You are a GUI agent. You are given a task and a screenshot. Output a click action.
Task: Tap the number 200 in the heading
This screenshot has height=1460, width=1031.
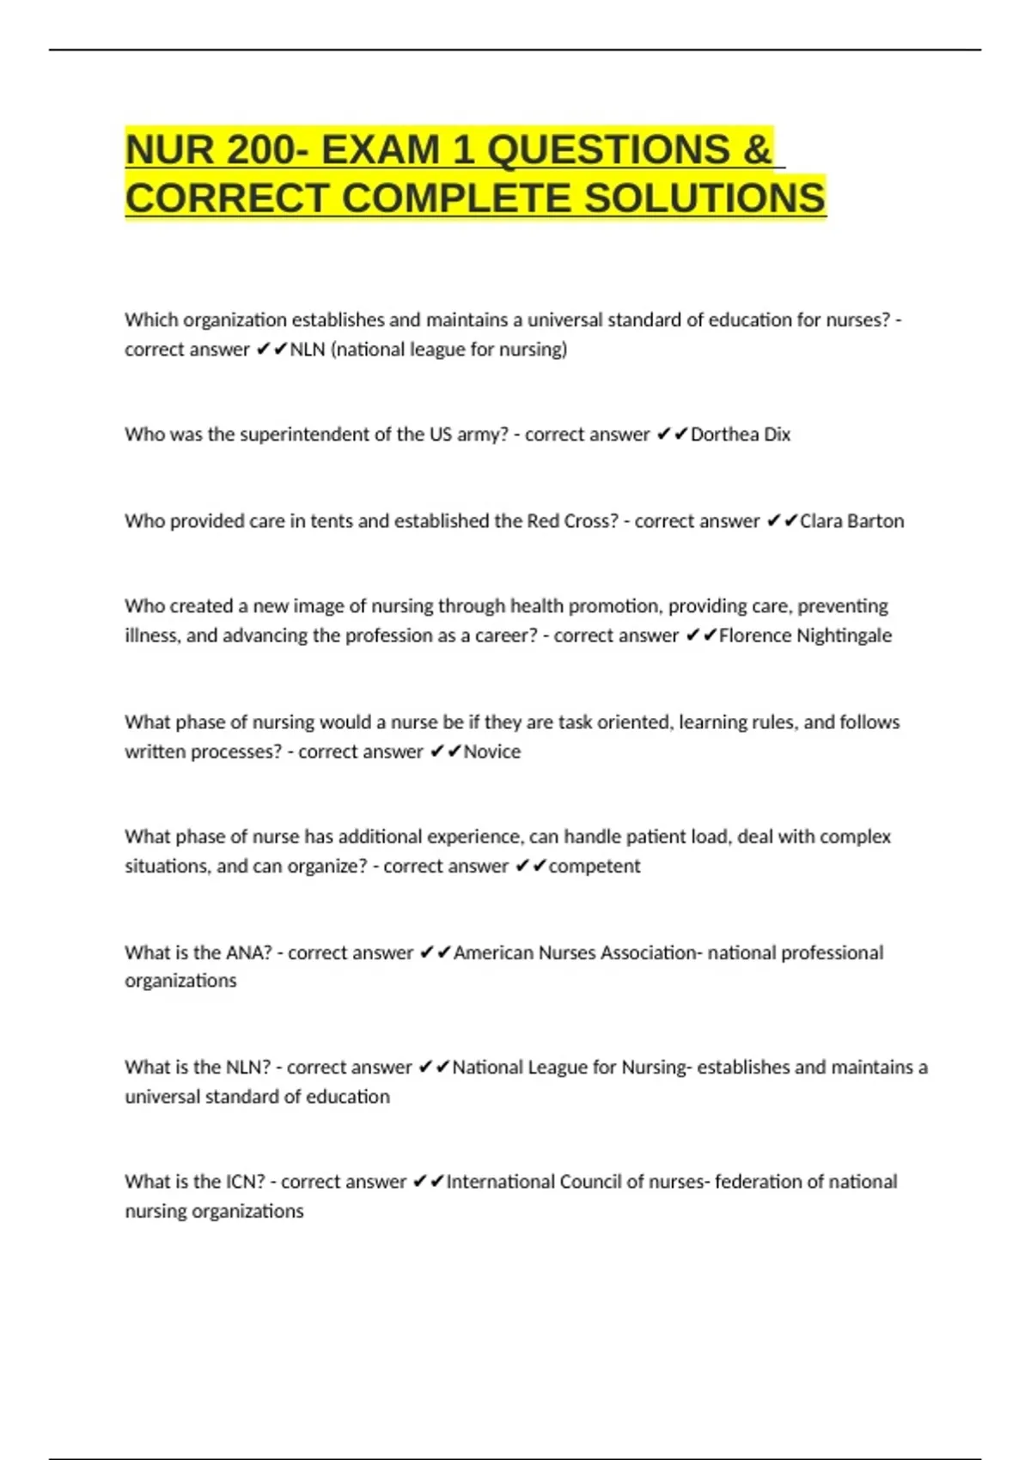click(260, 150)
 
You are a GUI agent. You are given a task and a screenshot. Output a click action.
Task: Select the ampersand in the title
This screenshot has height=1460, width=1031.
click(757, 150)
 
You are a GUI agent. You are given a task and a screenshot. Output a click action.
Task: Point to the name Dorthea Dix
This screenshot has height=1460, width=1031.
click(740, 435)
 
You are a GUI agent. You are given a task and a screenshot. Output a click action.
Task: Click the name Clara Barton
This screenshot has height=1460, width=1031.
click(851, 521)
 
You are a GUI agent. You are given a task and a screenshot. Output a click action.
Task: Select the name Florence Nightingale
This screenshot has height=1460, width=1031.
click(805, 636)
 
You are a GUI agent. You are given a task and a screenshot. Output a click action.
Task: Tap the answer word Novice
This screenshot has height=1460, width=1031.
click(491, 751)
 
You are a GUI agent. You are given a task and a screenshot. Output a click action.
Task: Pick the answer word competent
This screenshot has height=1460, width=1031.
click(594, 866)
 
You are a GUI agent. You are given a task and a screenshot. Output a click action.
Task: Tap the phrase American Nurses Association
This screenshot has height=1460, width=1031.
click(575, 952)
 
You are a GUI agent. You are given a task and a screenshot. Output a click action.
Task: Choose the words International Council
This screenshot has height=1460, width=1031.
click(534, 1182)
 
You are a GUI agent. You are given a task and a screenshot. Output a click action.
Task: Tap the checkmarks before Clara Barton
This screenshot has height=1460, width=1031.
click(782, 521)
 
